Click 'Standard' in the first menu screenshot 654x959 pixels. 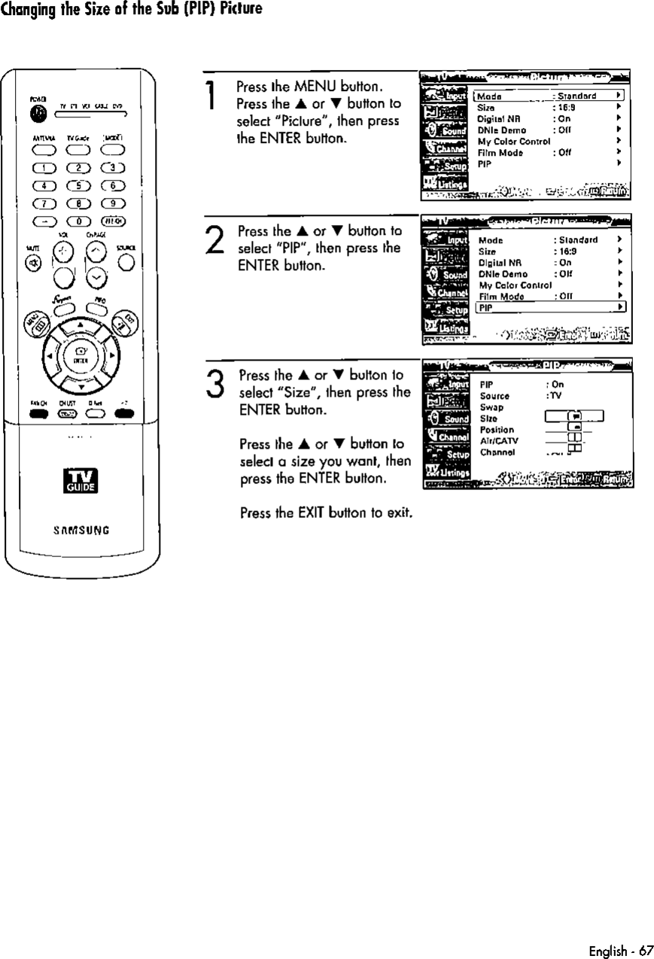point(576,96)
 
